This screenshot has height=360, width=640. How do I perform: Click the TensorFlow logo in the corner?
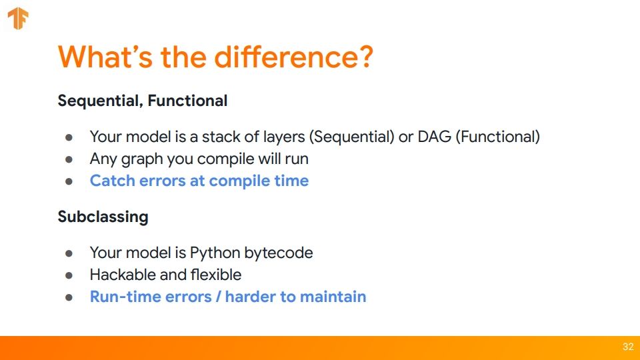18,19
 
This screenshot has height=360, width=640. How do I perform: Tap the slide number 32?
628,347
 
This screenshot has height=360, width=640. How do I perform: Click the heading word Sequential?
101,101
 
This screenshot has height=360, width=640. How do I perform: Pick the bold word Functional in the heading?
187,101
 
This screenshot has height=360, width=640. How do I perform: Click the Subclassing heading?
103,217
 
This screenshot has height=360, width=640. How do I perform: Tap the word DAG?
434,137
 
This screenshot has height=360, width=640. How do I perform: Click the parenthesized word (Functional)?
497,137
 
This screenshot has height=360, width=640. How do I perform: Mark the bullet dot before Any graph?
69,159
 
